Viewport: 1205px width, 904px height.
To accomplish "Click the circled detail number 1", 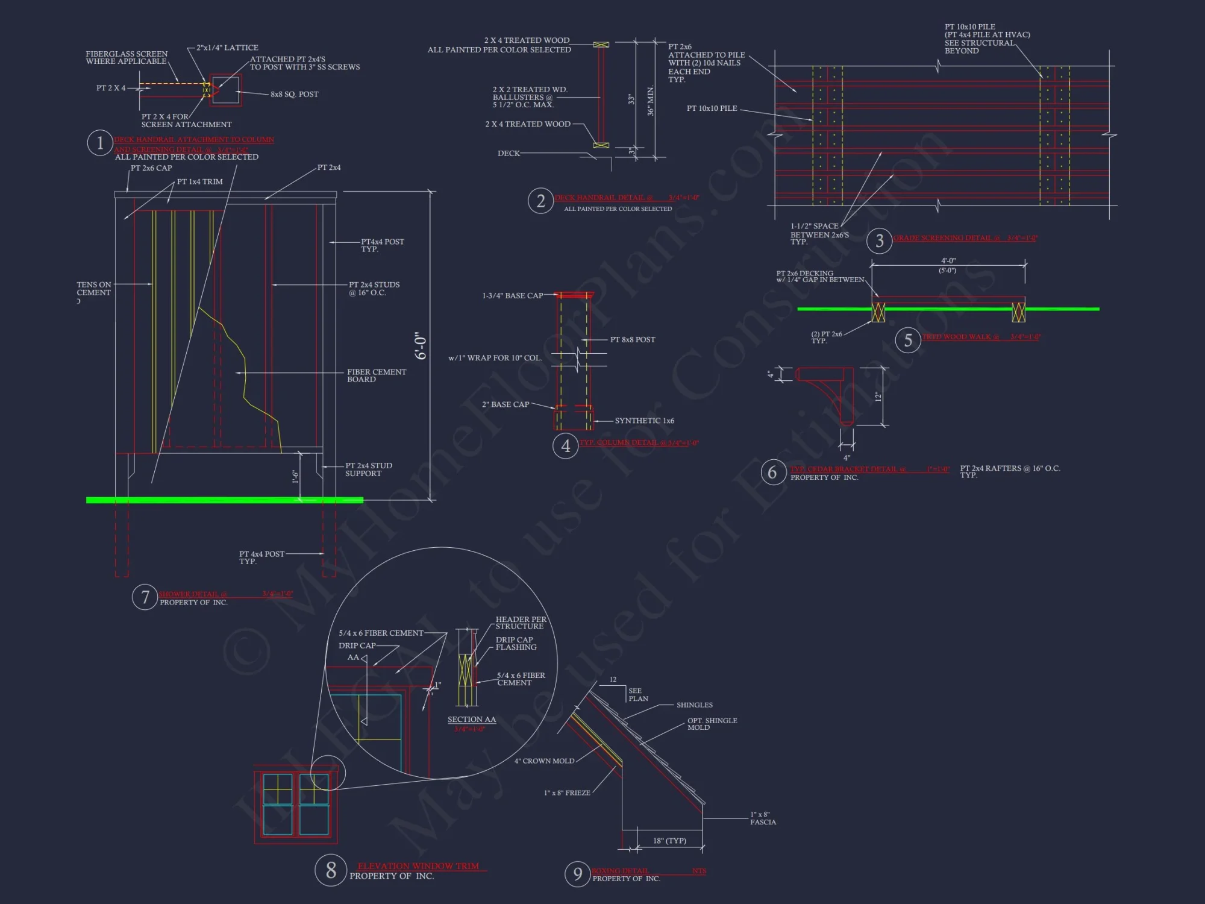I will [100, 143].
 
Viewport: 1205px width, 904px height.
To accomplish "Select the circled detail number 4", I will [565, 446].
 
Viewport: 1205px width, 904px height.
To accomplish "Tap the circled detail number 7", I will [145, 597].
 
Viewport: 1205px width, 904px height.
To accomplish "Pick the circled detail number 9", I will [577, 874].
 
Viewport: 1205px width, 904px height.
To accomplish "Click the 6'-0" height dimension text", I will [421, 346].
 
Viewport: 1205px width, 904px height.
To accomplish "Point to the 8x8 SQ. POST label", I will [294, 95].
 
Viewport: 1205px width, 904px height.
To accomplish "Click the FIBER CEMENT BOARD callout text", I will [376, 375].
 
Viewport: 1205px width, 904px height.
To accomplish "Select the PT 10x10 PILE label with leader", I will [712, 108].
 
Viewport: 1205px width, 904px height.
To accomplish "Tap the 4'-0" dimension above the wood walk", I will [948, 261].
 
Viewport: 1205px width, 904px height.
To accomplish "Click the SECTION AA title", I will [472, 720].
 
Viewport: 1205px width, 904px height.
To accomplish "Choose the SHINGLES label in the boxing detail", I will [694, 705].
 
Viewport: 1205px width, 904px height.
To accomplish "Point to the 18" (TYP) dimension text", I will [669, 841].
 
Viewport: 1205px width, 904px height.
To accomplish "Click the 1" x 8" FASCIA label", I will [762, 818].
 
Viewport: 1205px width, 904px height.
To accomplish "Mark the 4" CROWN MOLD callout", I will [544, 761].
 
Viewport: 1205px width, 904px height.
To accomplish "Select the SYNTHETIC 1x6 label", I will [644, 421].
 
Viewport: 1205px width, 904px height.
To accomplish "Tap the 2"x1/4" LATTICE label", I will [227, 48].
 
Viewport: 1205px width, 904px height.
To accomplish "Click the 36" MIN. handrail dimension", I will [650, 101].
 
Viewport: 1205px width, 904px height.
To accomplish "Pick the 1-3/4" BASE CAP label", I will [512, 296].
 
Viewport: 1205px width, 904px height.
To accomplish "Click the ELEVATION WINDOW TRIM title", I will [418, 866].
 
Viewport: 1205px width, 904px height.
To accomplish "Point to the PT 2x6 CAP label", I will [151, 168].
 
